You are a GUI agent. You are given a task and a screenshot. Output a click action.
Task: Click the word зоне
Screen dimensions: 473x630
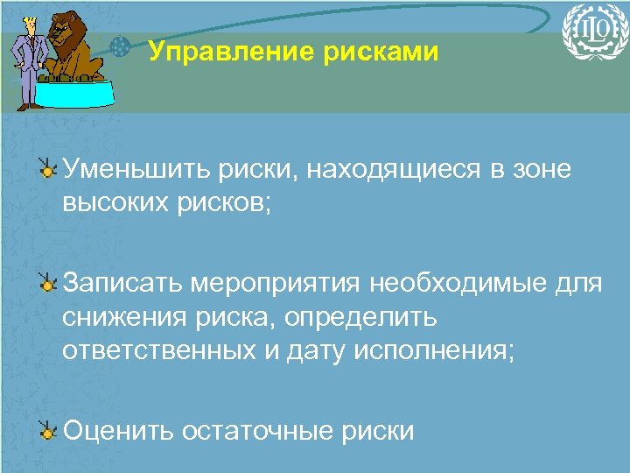point(542,169)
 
